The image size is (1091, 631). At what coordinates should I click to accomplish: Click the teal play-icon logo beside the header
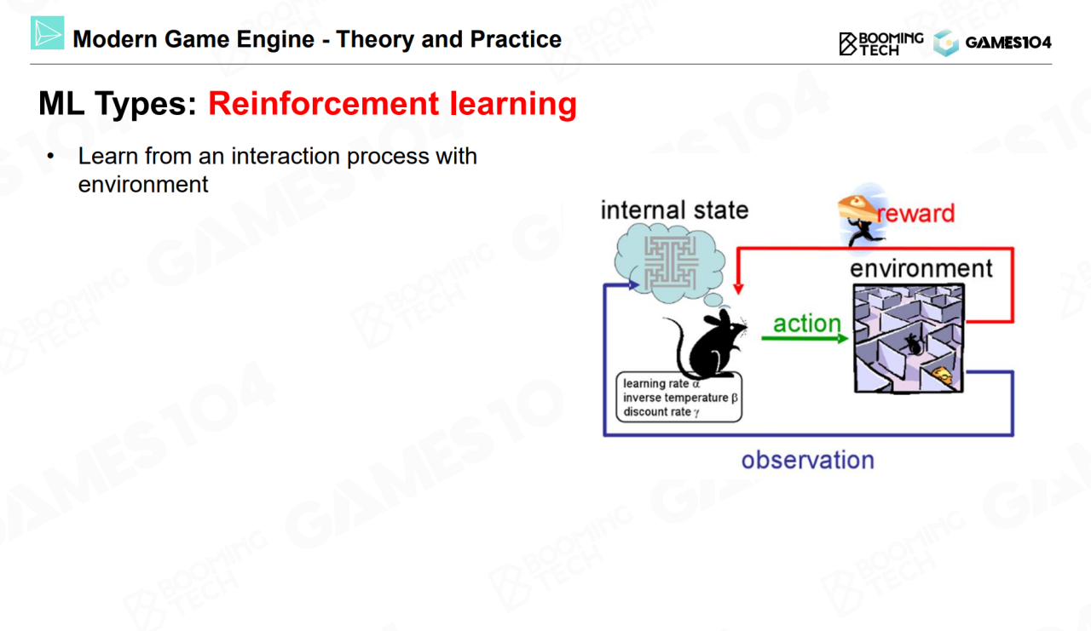[x=47, y=32]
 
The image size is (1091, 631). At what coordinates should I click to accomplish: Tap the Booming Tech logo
[x=881, y=43]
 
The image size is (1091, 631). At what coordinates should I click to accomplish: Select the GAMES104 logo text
[x=1008, y=43]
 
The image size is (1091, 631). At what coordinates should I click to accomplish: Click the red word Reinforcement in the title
[x=323, y=104]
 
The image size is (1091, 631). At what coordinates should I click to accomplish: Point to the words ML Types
[x=118, y=104]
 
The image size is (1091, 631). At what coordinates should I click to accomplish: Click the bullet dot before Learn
[x=50, y=156]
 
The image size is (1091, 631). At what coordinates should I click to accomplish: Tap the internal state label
[x=674, y=210]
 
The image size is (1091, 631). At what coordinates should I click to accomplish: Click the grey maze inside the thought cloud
[x=671, y=263]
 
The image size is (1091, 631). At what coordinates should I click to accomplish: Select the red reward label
[x=916, y=214]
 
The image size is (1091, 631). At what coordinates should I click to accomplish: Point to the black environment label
[x=921, y=268]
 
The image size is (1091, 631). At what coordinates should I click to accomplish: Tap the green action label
[x=807, y=324]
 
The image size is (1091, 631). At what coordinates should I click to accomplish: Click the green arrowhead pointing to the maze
[x=843, y=338]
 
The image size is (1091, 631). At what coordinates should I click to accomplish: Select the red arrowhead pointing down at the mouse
[x=738, y=289]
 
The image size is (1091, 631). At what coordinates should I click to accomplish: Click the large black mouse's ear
[x=724, y=317]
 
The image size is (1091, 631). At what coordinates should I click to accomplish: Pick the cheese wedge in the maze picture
[x=943, y=375]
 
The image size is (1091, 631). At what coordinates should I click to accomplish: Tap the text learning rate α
[x=661, y=383]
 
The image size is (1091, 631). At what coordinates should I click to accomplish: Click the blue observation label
[x=808, y=460]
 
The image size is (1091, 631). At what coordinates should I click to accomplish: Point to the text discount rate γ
[x=661, y=412]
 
